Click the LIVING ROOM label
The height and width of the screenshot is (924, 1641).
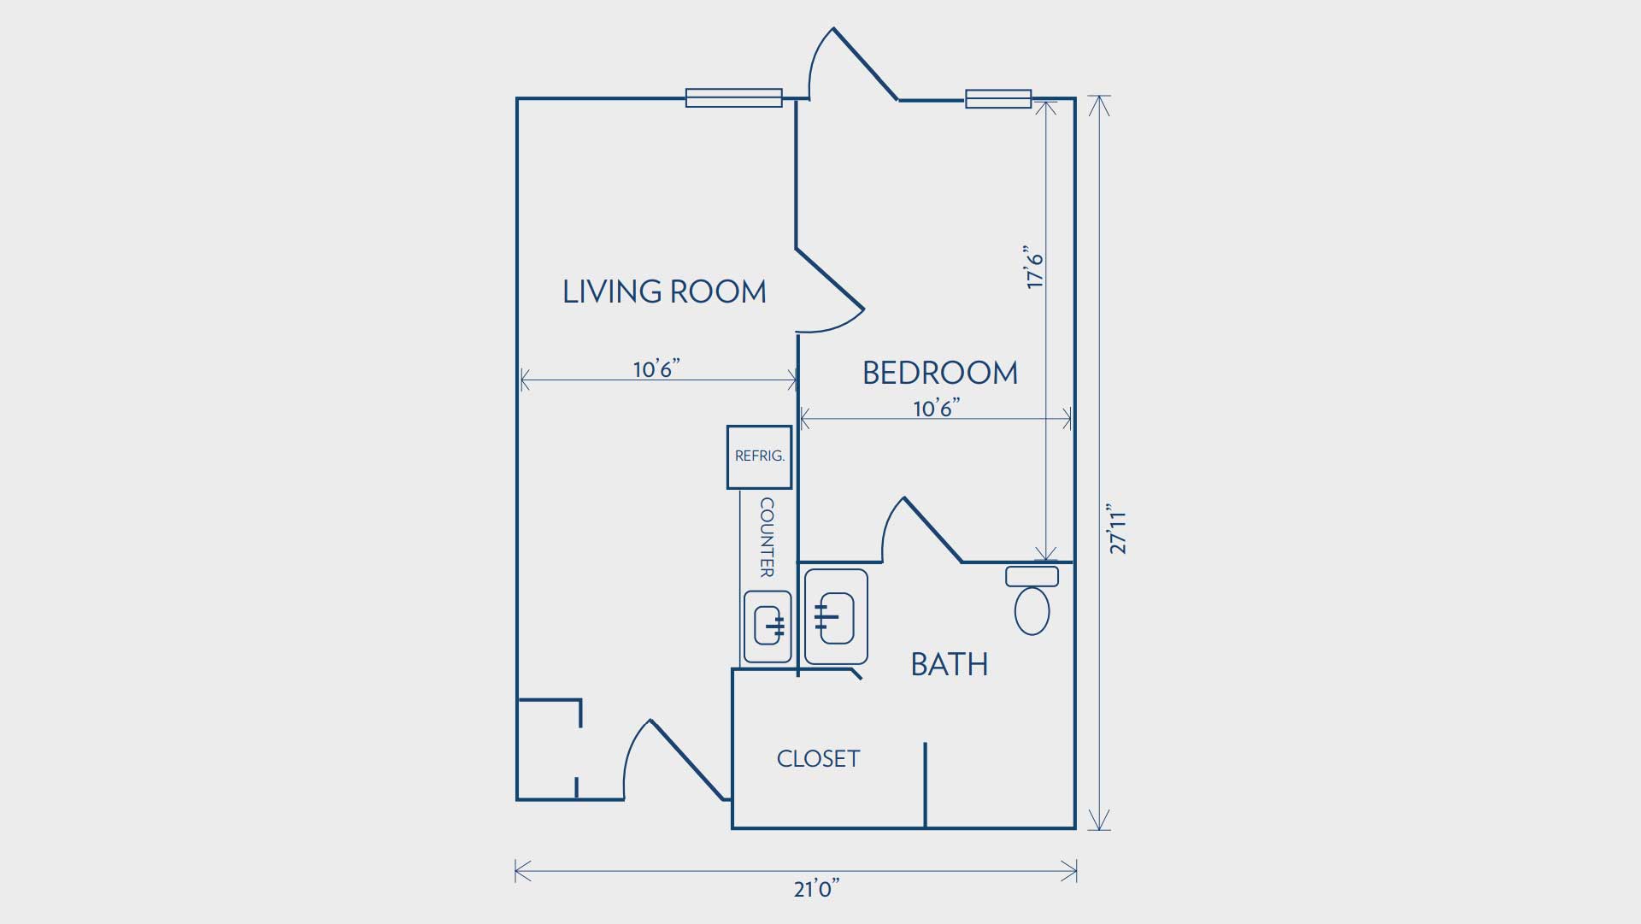664,291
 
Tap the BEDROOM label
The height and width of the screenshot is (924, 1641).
940,373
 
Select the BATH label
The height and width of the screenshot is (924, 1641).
949,664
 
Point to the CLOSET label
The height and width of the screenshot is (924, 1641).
818,758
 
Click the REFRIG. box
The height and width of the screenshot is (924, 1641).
759,457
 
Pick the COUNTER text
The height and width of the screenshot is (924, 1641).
767,538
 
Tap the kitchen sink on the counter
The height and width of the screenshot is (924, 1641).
768,627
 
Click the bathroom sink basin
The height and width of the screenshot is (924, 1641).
836,617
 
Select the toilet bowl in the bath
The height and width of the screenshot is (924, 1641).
1032,610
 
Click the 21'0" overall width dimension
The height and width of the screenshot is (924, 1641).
816,889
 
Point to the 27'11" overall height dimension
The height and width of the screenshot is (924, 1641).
1118,529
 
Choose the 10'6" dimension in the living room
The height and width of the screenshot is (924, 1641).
656,368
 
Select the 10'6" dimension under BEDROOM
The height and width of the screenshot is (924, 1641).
936,408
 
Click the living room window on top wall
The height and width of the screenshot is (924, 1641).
734,97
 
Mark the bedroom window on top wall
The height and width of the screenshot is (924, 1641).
998,98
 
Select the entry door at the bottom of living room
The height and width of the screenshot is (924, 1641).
675,759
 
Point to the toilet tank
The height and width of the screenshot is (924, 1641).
1032,576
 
